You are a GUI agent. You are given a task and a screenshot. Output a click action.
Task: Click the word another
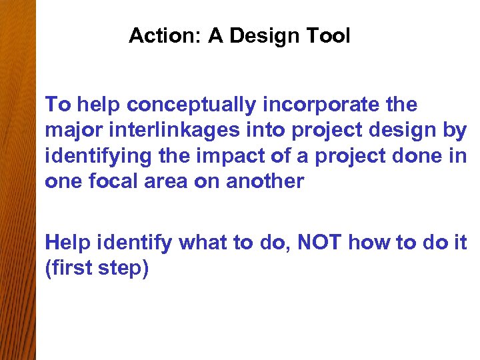point(266,182)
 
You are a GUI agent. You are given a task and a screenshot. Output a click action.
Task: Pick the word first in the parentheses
point(72,270)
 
